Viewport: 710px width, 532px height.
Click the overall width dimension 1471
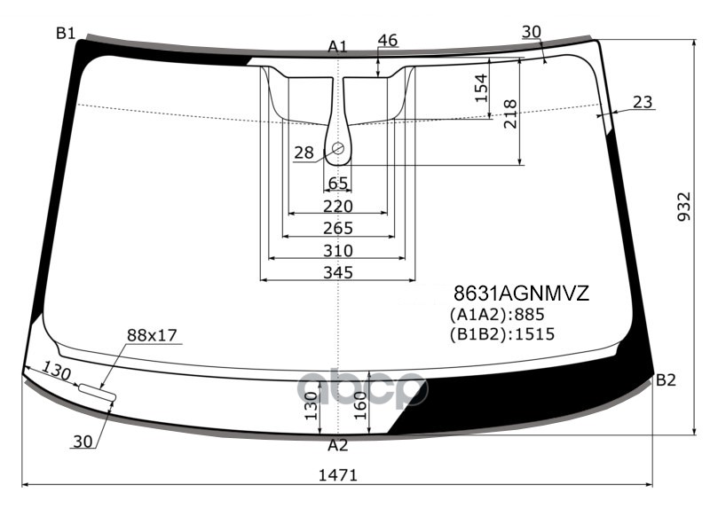coord(337,475)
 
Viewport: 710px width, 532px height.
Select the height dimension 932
coord(684,207)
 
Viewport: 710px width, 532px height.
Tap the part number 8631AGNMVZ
coord(521,293)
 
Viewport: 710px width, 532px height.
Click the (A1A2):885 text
coord(496,315)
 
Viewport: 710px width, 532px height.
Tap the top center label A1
coord(337,46)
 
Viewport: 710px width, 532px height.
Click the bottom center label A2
coord(337,445)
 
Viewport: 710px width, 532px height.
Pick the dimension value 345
coord(337,272)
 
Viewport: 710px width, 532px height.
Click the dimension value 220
coord(337,206)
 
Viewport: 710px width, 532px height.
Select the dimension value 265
coord(337,229)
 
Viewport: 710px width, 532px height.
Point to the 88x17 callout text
coord(152,335)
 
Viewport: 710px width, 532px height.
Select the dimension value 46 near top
coord(387,40)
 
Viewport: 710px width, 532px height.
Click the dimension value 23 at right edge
coord(643,102)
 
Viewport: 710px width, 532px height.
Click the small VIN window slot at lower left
coord(97,391)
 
